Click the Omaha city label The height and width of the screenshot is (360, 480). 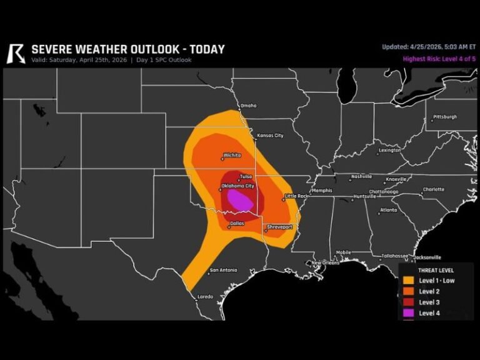(248, 106)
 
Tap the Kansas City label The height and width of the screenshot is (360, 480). (269, 136)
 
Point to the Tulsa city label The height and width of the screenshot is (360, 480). (246, 177)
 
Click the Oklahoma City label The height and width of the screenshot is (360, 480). (238, 186)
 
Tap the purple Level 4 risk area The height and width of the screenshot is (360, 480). (239, 201)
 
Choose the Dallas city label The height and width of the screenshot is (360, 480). (237, 223)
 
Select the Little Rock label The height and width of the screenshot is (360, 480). (296, 196)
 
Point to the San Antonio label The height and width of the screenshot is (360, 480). (223, 270)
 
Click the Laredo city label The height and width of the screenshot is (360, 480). (205, 296)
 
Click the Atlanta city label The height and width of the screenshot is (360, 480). (388, 210)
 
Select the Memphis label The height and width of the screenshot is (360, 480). (322, 191)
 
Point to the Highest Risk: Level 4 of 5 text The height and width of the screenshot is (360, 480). (437, 59)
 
